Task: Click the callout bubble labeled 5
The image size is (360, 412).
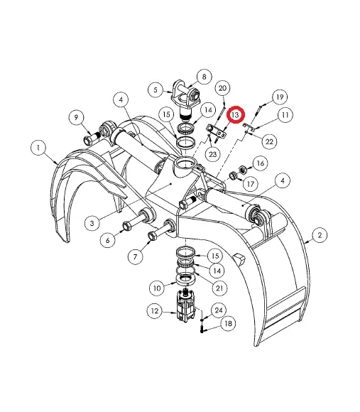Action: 156,90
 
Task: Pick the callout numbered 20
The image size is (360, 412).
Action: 222,88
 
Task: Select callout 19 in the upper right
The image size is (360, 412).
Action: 279,97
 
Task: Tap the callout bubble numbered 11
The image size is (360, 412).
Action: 285,114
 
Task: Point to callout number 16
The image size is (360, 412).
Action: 259,164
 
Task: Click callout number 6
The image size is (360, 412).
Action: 109,240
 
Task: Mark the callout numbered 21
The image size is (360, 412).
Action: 221,287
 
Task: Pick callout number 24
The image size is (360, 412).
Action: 218,310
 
